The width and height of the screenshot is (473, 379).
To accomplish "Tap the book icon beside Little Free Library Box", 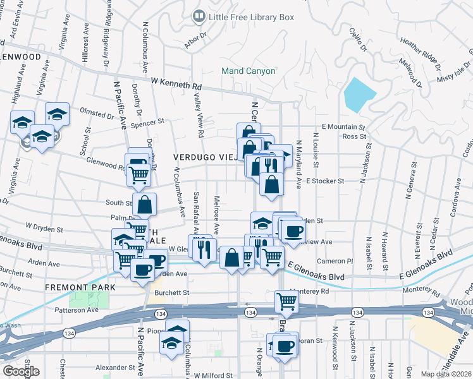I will [x=199, y=15].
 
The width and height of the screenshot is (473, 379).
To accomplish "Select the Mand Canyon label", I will [x=249, y=71].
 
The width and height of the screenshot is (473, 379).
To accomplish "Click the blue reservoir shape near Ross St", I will [x=359, y=94].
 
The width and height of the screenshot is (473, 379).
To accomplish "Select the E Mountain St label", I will [x=344, y=127].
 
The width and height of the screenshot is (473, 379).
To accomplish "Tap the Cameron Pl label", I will [x=335, y=260].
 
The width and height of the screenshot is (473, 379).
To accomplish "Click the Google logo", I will [x=21, y=371].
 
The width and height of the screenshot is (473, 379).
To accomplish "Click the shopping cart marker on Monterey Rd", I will [x=286, y=302].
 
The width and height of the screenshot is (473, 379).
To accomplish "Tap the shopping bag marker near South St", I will [x=144, y=205].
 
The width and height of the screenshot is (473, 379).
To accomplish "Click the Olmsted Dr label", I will [x=96, y=116].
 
